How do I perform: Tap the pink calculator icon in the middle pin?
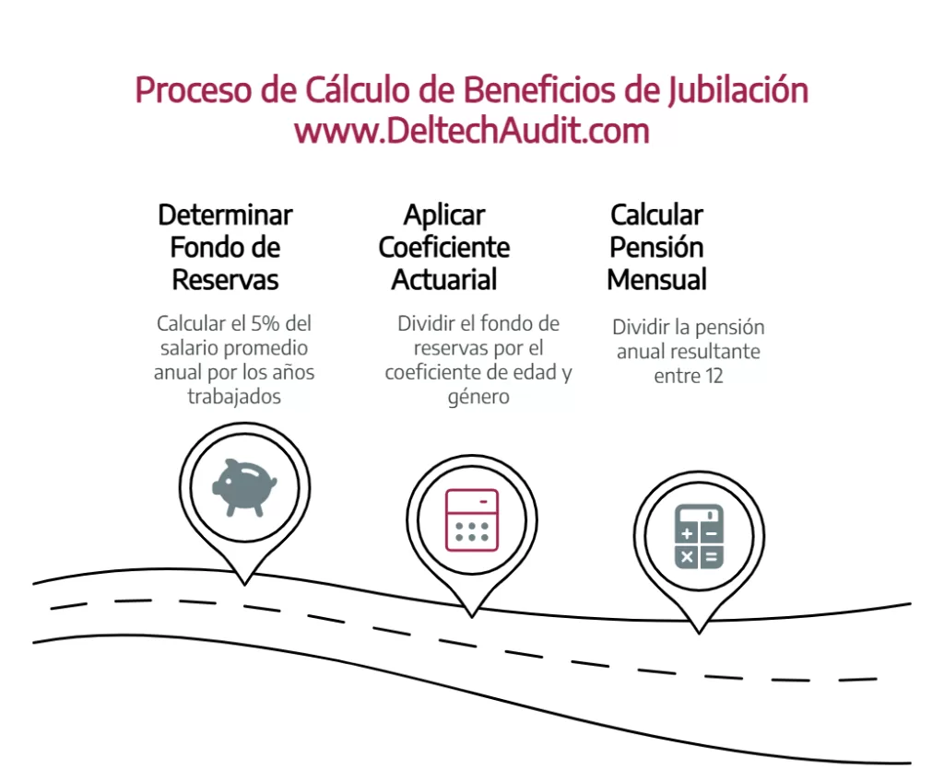coord(472,520)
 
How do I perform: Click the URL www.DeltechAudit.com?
coord(472,131)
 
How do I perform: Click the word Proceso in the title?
coord(194,90)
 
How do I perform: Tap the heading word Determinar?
coord(225,215)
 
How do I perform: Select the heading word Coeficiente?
coord(444,248)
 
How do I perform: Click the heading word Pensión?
coord(656,248)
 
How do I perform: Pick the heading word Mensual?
coord(656,280)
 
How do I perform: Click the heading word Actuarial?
coord(444,280)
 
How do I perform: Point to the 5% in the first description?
coord(265,323)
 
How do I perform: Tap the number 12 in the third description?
coord(714,376)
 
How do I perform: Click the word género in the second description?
coord(478,397)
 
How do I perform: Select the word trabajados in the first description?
coord(234,397)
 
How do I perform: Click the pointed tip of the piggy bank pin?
coord(244,584)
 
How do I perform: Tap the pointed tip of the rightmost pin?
coord(699,633)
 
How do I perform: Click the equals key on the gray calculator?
coord(712,557)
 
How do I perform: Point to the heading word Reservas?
coord(225,280)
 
